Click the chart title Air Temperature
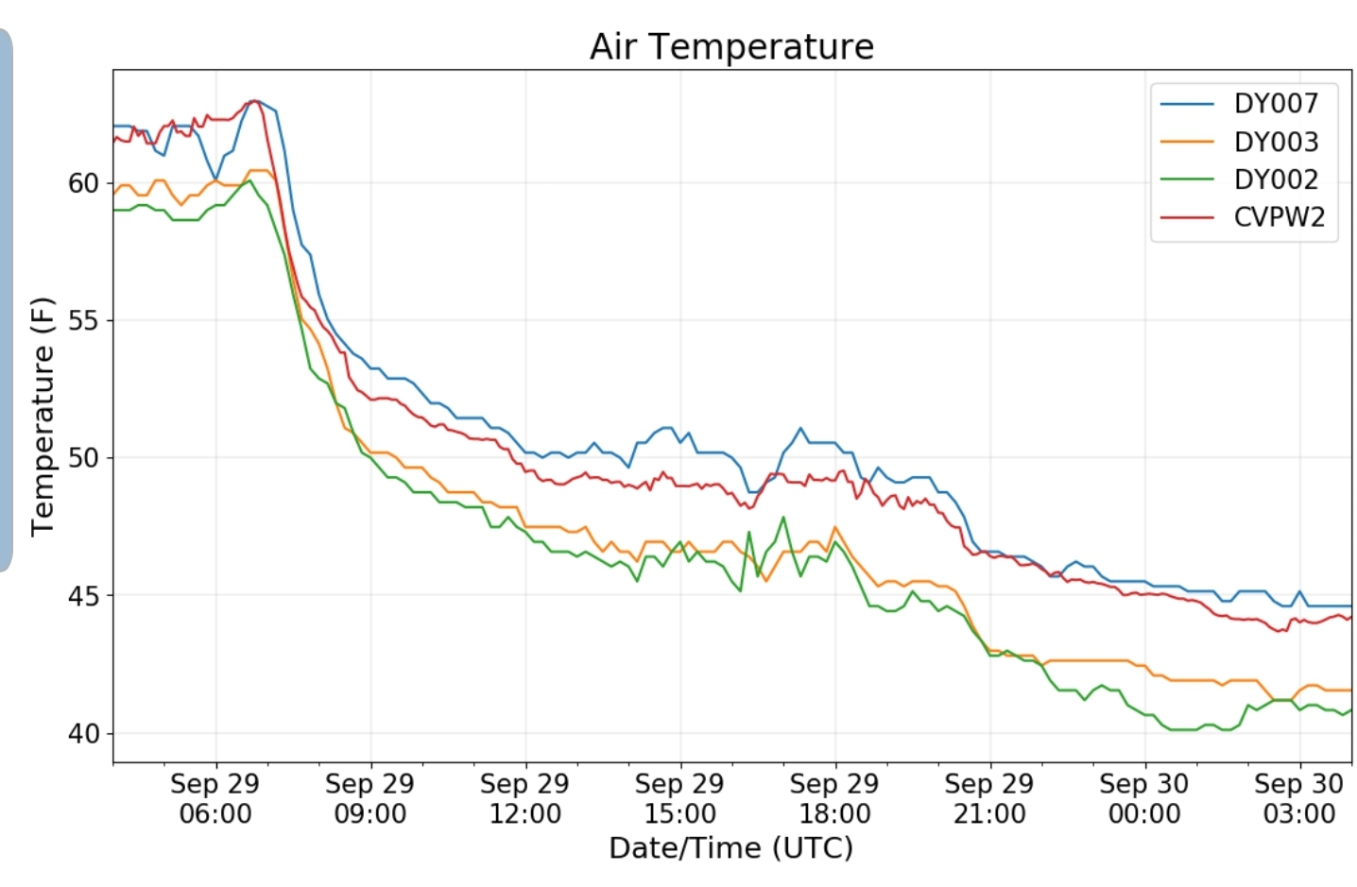(x=731, y=46)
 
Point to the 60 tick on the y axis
(x=83, y=183)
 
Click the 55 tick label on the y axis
(x=83, y=321)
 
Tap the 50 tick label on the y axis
(x=83, y=458)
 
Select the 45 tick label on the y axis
(x=83, y=596)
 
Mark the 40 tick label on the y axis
(x=83, y=734)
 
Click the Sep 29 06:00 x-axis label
(x=215, y=798)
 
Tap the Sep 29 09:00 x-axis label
(x=370, y=798)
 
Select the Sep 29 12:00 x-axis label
(x=525, y=798)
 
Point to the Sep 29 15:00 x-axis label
(x=679, y=798)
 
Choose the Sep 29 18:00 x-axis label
(x=834, y=798)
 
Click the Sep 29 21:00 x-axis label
(x=989, y=798)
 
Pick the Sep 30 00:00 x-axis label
(x=1144, y=798)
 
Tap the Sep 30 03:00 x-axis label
(x=1299, y=798)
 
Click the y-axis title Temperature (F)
(x=43, y=416)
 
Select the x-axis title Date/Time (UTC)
(x=730, y=848)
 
